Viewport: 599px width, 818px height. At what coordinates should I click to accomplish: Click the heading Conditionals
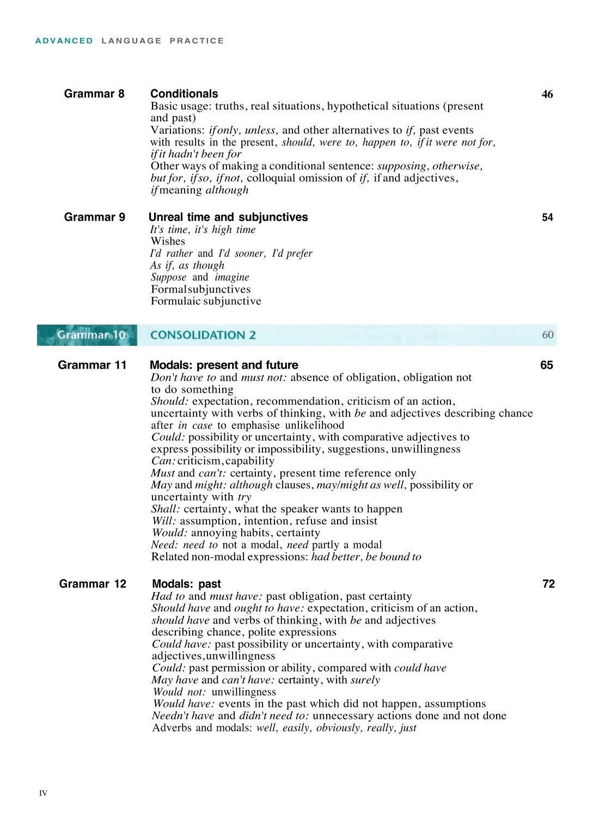pos(184,94)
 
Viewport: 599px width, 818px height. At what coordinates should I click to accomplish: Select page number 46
pos(547,95)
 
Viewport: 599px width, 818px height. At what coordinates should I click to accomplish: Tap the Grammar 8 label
pos(94,94)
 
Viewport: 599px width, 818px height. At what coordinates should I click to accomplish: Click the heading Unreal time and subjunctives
pos(228,217)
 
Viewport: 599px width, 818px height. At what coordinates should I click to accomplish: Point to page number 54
pos(547,218)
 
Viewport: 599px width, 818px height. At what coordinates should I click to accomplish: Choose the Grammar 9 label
pos(94,217)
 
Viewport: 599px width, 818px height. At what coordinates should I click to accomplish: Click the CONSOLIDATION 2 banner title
pos(203,335)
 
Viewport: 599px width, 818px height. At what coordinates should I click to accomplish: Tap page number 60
pos(548,334)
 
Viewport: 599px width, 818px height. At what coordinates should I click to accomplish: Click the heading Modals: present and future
pos(224,365)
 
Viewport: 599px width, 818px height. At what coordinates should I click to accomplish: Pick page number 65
pos(547,365)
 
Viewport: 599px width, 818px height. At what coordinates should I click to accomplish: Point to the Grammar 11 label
pos(92,365)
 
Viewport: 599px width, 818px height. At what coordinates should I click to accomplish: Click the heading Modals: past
pos(186,584)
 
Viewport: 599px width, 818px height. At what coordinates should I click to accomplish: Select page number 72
pos(548,584)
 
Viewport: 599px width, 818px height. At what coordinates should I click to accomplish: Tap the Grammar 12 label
pos(93,584)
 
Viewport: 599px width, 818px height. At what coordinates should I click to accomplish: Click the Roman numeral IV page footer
pos(44,793)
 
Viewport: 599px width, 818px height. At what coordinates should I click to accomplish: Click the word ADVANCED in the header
pos(64,41)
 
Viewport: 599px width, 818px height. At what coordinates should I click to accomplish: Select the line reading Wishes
pos(168,241)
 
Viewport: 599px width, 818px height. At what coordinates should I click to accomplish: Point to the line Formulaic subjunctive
pos(206,301)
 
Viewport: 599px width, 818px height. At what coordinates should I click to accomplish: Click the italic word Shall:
pos(166,509)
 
